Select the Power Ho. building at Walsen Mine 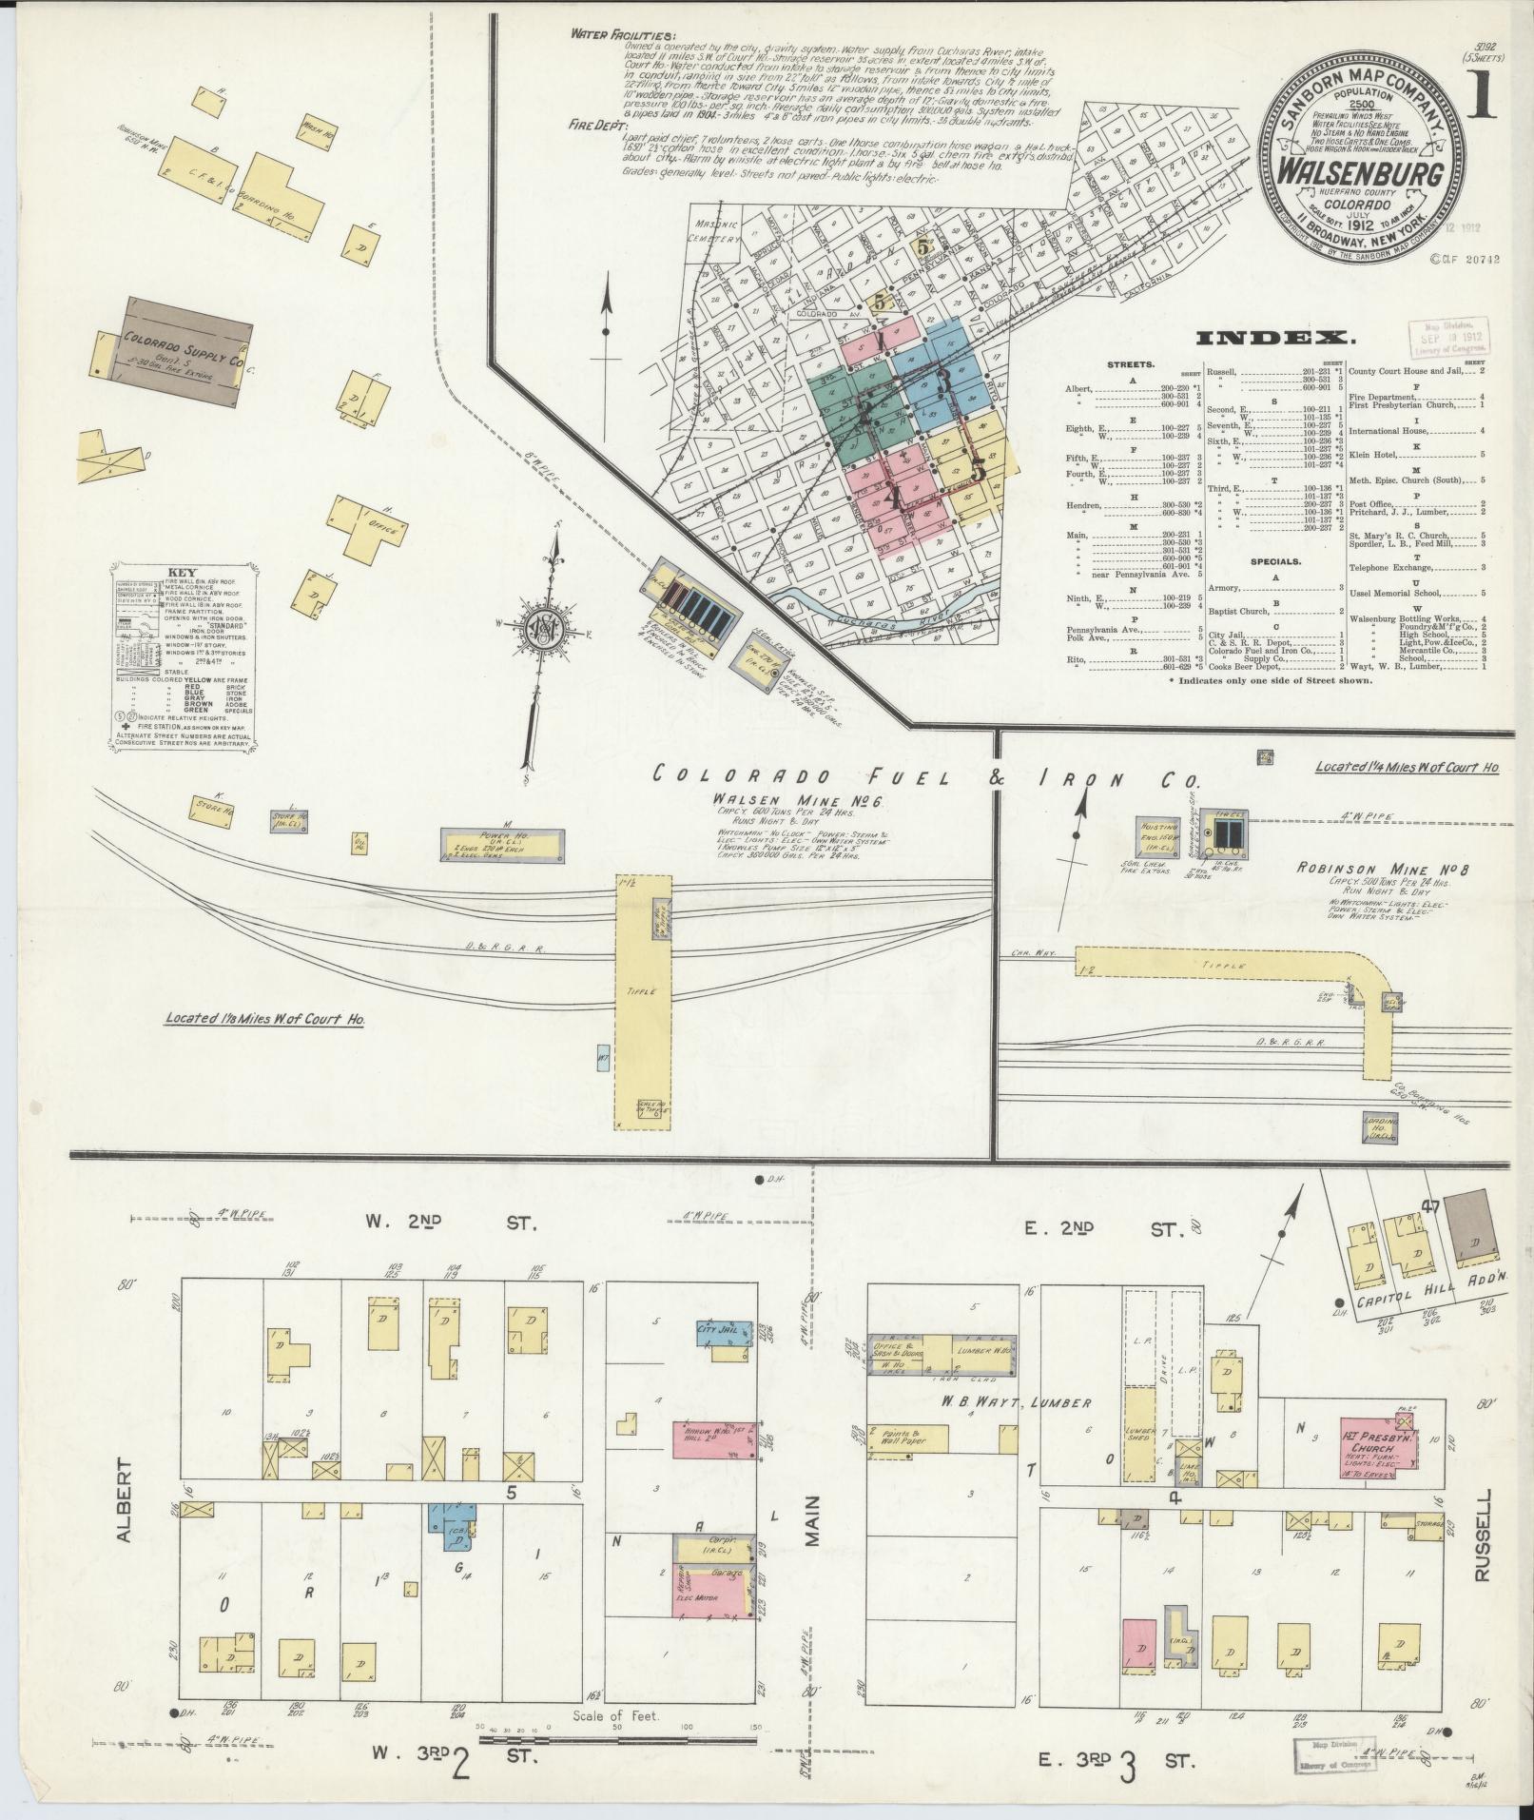pyautogui.click(x=505, y=841)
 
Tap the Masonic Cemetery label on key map pyautogui.click(x=714, y=231)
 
